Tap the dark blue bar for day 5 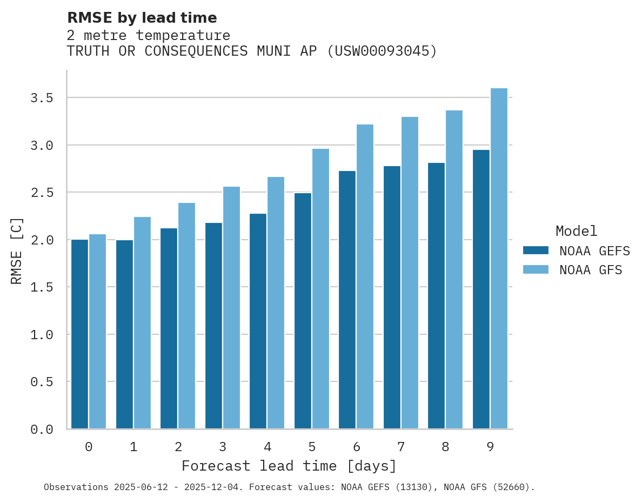(303, 311)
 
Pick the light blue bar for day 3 (231, 308)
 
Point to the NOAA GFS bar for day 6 (365, 276)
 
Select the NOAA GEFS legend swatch (536, 250)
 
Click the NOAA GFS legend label (591, 270)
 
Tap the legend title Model (576, 231)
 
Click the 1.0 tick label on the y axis (42, 335)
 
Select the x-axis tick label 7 (400, 447)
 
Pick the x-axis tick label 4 (267, 447)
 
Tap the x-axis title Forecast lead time (289, 466)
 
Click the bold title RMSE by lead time (142, 18)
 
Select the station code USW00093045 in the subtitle (382, 51)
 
